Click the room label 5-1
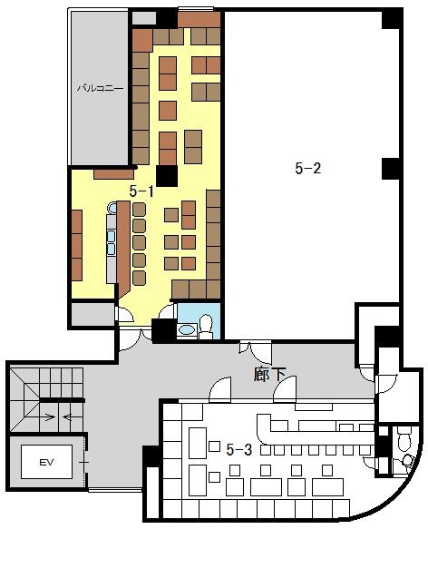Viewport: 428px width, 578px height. [x=141, y=191]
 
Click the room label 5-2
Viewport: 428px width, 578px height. [x=308, y=168]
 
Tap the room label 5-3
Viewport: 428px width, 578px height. [x=239, y=450]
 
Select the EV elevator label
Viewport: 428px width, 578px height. [x=47, y=462]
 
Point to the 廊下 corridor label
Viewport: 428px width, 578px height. [x=269, y=375]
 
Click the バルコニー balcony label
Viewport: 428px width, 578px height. [x=100, y=89]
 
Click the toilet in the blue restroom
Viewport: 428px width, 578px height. [x=206, y=326]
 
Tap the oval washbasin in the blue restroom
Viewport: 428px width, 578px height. [x=187, y=329]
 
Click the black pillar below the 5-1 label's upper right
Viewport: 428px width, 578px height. [x=167, y=176]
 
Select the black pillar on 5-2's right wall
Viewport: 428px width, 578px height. [x=391, y=169]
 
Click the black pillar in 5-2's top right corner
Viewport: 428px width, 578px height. [x=391, y=19]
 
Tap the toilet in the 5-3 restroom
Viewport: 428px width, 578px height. [x=404, y=438]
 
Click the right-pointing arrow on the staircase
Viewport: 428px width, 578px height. [x=50, y=417]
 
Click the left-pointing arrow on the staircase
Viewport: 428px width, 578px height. [x=68, y=417]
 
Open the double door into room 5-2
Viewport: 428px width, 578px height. [x=255, y=350]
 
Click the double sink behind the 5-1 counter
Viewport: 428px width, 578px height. [x=112, y=241]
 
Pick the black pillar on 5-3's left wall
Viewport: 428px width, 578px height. [x=151, y=457]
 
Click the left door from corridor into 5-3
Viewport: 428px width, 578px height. [x=220, y=389]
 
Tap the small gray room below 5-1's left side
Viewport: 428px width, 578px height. [x=92, y=315]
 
